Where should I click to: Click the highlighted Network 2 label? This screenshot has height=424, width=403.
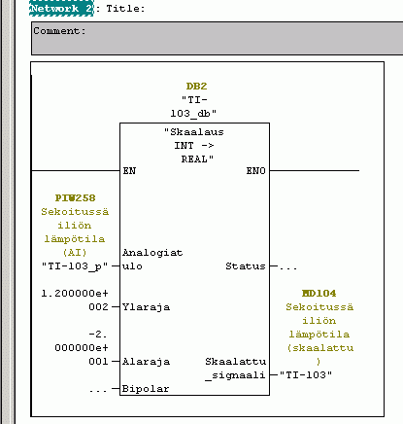61,9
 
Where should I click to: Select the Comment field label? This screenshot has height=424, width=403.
59,31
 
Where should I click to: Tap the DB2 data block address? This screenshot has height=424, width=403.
196,87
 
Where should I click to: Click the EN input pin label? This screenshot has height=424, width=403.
129,170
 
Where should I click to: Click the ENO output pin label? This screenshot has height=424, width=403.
255,170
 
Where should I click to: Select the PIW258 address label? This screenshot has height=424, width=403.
75,197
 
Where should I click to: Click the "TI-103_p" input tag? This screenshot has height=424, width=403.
75,266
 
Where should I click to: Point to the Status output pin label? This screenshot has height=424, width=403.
246,266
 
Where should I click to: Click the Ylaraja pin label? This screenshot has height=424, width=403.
146,307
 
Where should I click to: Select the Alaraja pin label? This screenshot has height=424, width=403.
146,362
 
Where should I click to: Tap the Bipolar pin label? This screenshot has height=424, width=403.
146,389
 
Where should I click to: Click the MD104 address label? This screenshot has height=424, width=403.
319,293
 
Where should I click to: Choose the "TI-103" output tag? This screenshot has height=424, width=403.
306,374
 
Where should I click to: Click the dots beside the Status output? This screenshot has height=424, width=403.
288,268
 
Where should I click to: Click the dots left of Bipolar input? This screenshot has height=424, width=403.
98,391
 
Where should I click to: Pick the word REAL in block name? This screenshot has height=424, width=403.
194,159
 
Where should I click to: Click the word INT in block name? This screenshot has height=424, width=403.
184,145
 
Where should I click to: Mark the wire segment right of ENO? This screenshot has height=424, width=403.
315,170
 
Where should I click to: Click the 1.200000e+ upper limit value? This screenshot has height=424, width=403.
75,294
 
